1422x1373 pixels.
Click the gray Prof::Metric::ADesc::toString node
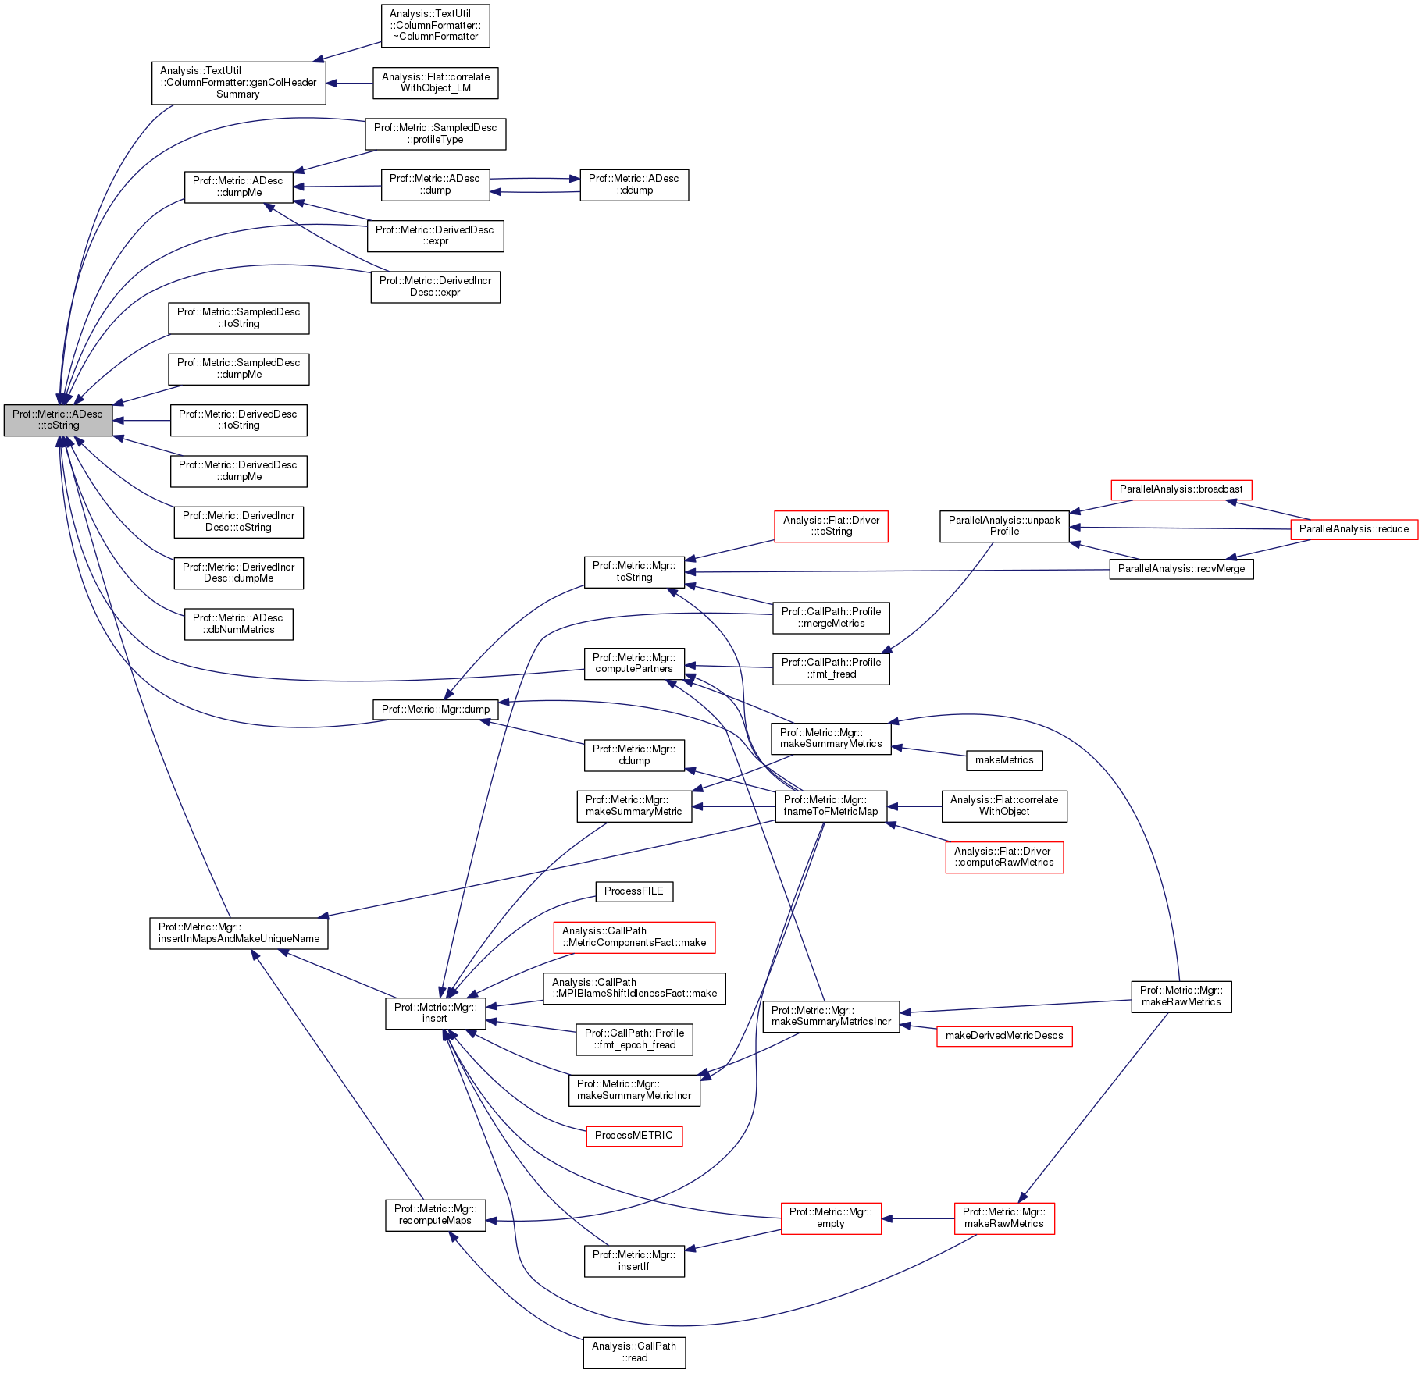click(x=58, y=420)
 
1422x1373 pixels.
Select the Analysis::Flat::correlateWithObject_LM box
click(x=435, y=83)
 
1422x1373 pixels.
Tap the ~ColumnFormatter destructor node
click(x=435, y=25)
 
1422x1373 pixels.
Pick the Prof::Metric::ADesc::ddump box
click(x=633, y=184)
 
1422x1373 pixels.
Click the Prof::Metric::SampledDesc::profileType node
click(x=435, y=133)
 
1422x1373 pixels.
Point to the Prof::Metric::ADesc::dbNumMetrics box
click(x=238, y=624)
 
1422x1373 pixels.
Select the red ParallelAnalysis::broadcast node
click(x=1181, y=489)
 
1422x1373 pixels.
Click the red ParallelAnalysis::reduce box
click(x=1353, y=529)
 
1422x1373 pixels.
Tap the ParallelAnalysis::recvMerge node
click(x=1181, y=569)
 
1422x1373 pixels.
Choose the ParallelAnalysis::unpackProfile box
click(x=1003, y=525)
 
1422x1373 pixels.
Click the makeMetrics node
click(x=1003, y=760)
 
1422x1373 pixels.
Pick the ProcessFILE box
click(x=633, y=891)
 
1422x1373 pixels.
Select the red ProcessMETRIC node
click(x=633, y=1136)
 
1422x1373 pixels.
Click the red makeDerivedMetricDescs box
click(x=1003, y=1036)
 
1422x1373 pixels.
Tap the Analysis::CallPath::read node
click(x=633, y=1352)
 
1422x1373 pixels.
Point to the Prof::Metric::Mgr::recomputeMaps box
click(x=435, y=1215)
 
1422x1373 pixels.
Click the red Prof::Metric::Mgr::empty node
click(x=830, y=1218)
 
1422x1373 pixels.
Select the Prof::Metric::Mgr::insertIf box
click(x=633, y=1261)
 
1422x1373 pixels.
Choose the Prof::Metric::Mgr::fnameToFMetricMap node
click(x=830, y=806)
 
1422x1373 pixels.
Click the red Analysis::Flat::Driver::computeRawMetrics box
click(x=1003, y=857)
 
